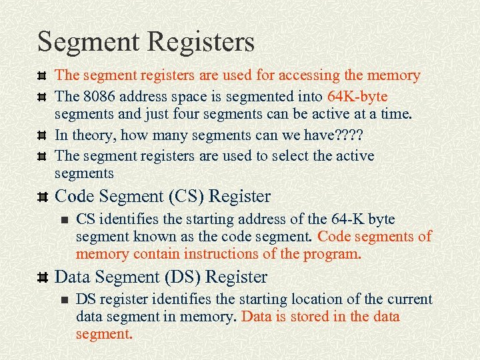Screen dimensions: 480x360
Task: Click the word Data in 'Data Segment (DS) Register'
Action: click(71, 277)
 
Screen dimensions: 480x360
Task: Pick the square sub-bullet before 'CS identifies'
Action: click(64, 219)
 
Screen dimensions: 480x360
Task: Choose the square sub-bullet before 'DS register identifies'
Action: click(64, 299)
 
